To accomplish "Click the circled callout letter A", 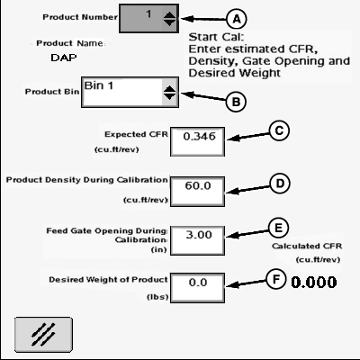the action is [x=237, y=19].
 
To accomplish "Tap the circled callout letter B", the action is [x=236, y=102].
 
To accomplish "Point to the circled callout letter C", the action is [x=279, y=130].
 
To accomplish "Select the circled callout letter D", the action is [x=280, y=184].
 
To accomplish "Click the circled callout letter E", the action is [x=278, y=228].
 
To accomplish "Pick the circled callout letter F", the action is [x=275, y=279].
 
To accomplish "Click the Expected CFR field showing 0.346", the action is [x=197, y=141].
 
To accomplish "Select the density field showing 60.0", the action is [x=197, y=192].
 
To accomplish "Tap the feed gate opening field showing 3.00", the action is [x=197, y=240].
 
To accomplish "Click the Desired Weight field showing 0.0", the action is [x=197, y=288].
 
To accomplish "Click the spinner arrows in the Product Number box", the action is [x=169, y=19].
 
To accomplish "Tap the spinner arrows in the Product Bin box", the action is [x=169, y=93].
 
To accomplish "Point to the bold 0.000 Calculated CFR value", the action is [x=314, y=283].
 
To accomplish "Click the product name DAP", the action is [x=64, y=58].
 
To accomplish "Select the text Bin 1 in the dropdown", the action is [x=99, y=85].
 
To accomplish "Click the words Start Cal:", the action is [x=216, y=37].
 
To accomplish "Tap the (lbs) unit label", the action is [x=157, y=297].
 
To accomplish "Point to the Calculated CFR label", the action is [x=307, y=246].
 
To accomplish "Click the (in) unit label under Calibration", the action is [x=158, y=249].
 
